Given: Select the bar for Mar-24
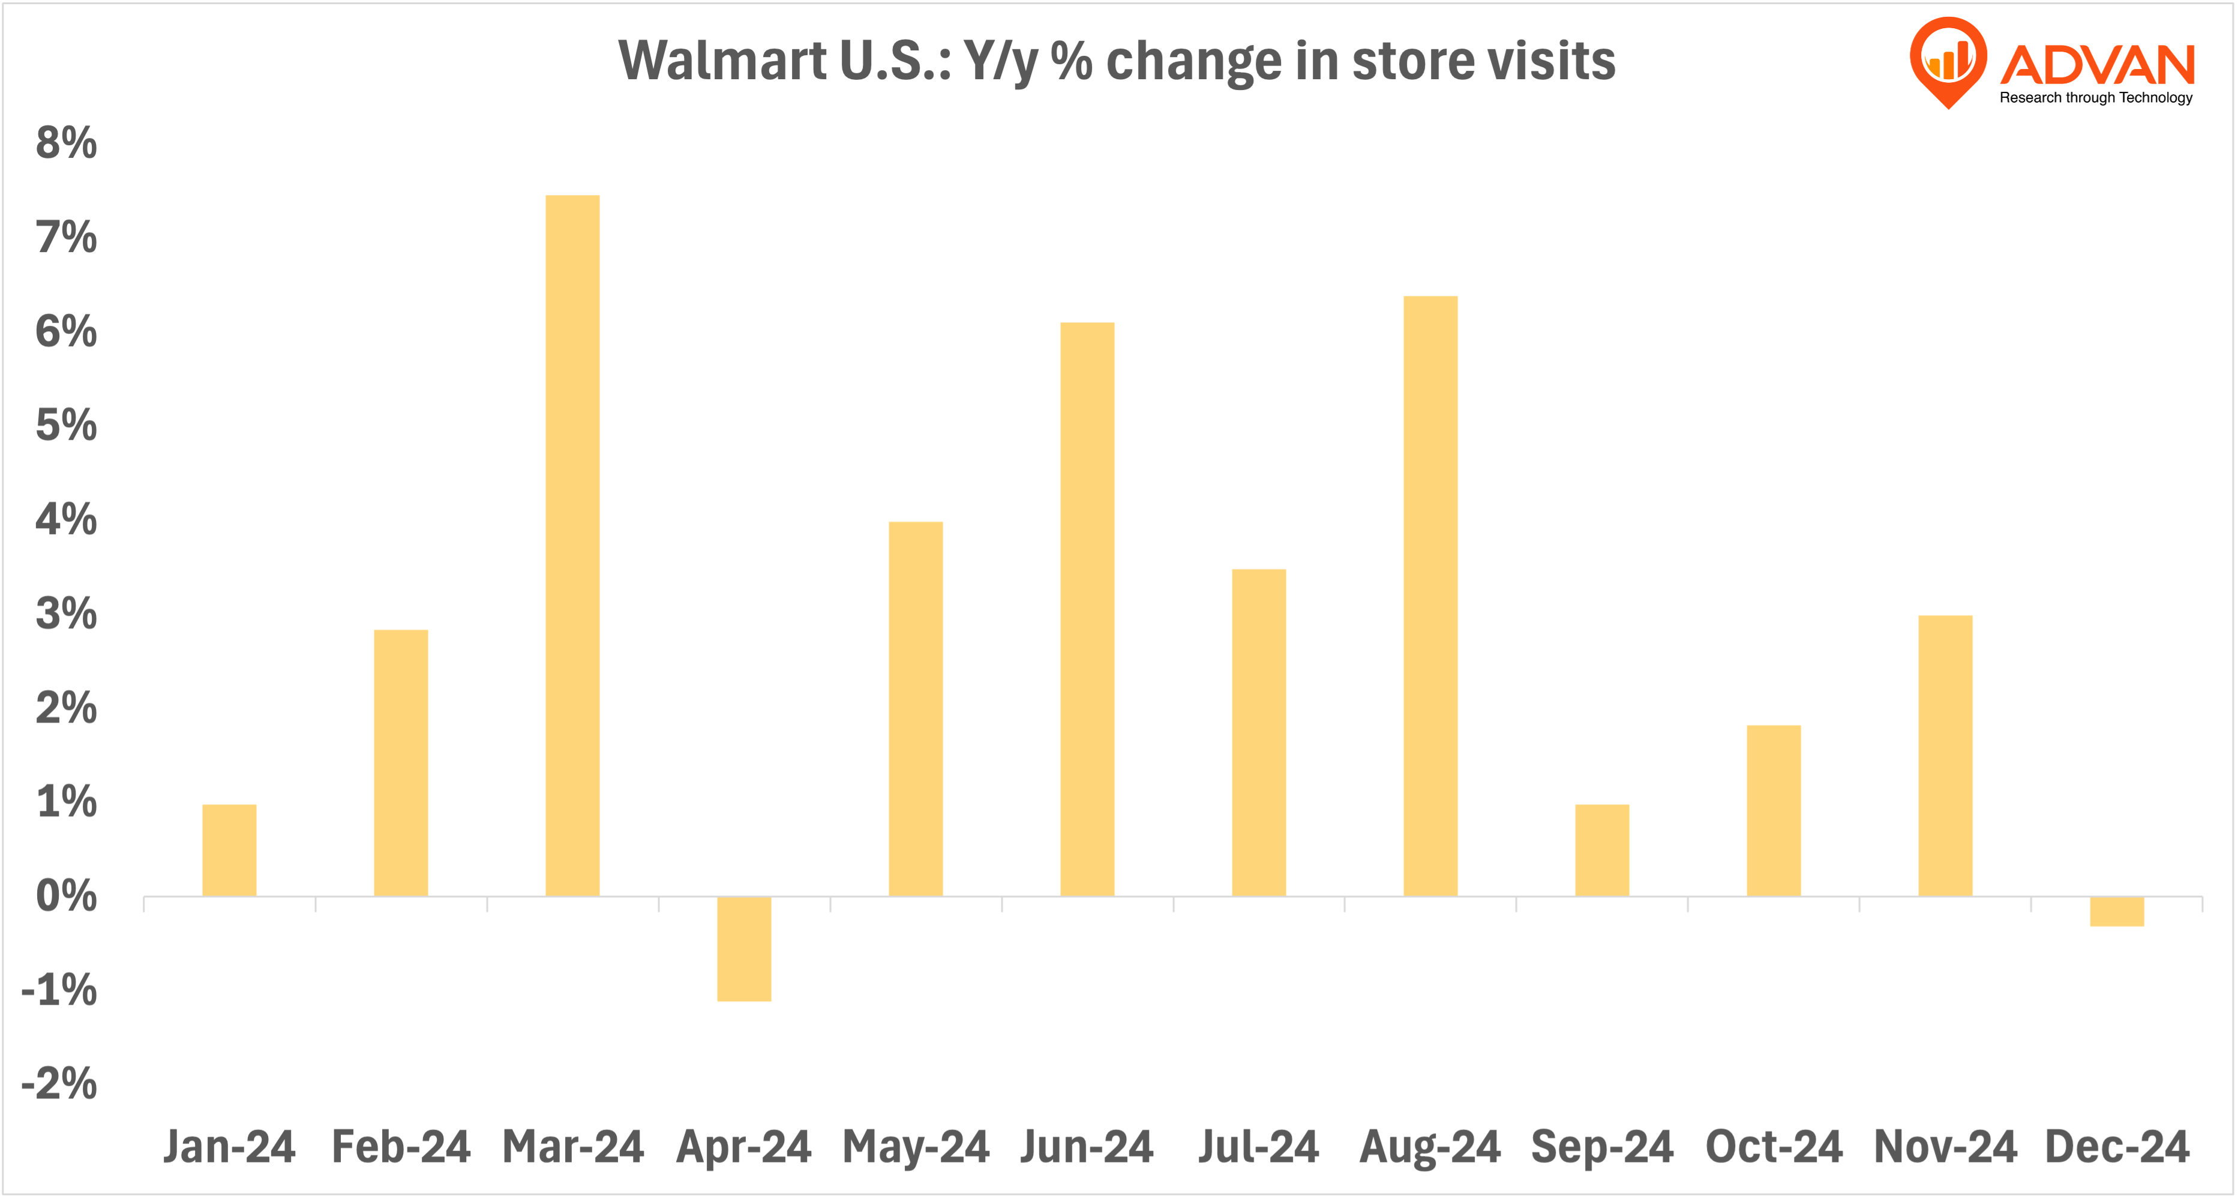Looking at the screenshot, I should (572, 545).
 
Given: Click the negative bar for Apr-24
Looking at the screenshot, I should (743, 949).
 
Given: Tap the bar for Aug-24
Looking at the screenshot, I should (1430, 596).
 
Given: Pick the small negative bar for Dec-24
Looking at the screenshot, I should (2116, 912).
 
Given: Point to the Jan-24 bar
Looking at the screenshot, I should (229, 850).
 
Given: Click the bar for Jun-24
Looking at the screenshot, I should (1087, 609).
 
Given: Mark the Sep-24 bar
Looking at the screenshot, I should (1602, 850).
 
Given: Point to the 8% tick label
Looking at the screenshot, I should (66, 143).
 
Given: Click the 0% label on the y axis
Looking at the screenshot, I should (66, 896).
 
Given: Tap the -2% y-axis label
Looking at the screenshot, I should (59, 1083).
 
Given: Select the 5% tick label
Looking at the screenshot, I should (66, 425).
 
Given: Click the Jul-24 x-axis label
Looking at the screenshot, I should (1258, 1146).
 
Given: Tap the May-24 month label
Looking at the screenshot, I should (916, 1146).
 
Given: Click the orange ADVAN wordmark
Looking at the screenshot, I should (2097, 65).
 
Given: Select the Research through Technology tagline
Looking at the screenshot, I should (2096, 97).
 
